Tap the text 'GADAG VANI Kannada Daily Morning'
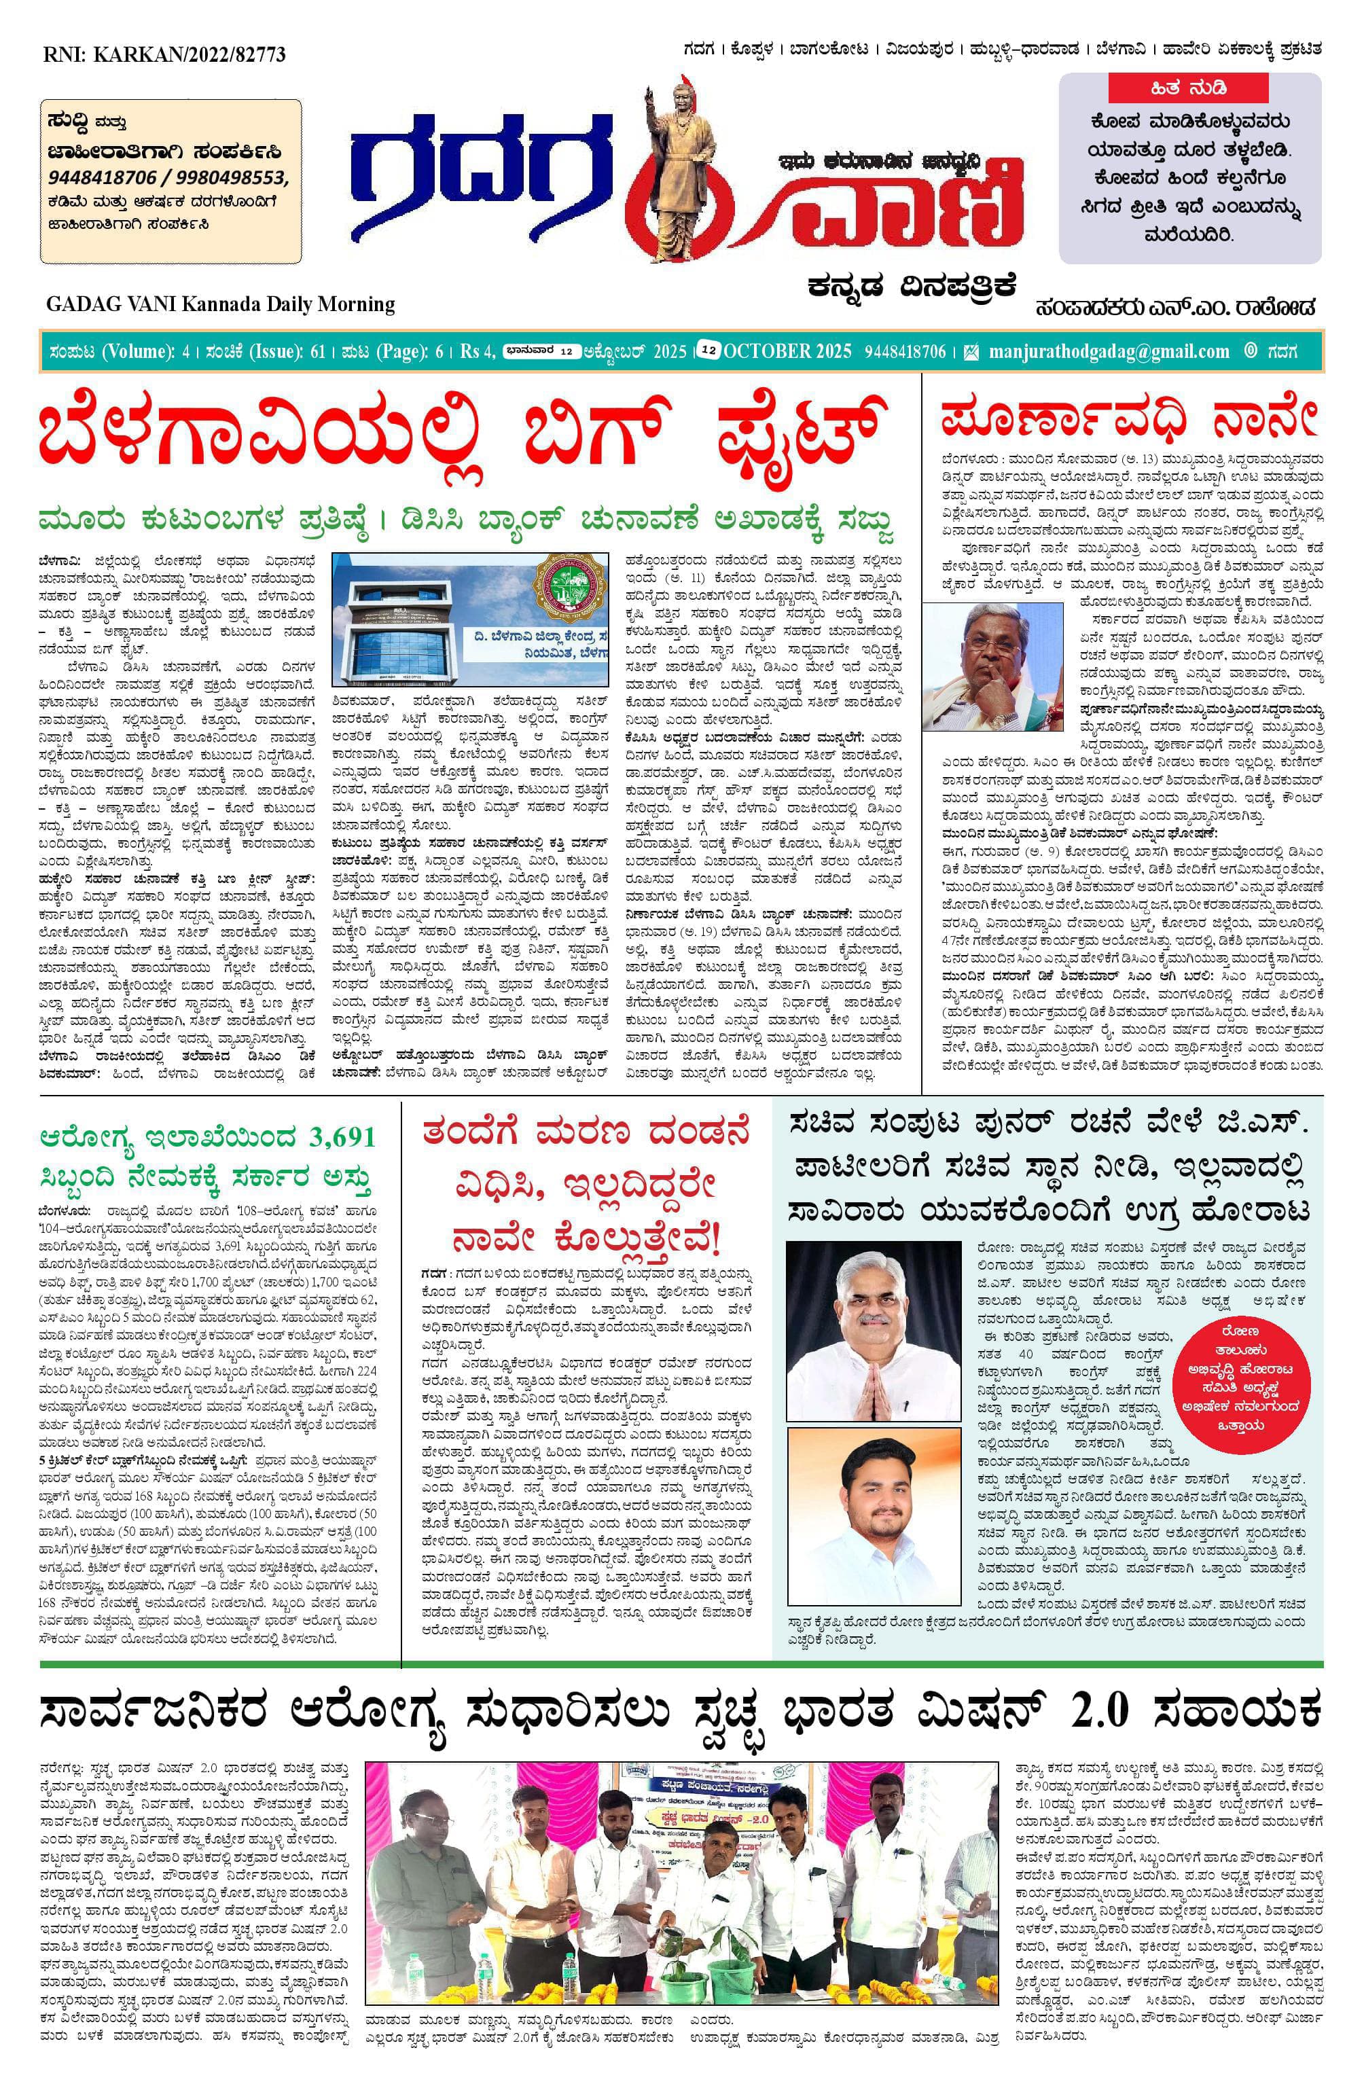220,304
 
